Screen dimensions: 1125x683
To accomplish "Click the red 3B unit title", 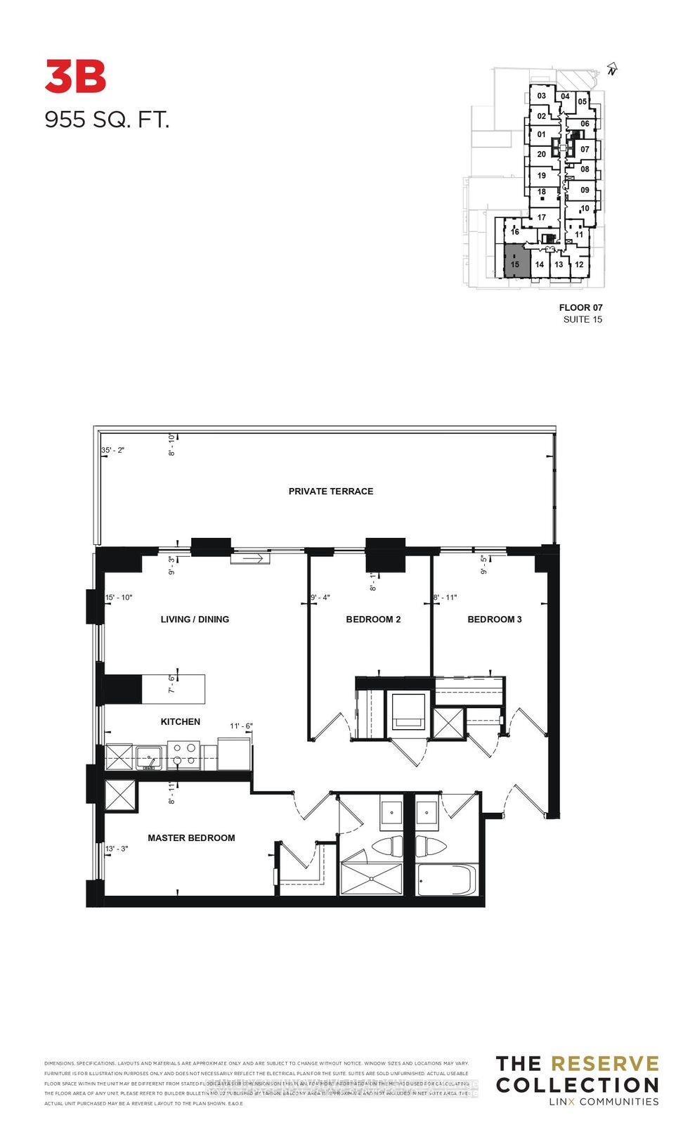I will tap(75, 77).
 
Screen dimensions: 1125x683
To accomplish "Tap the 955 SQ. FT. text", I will tap(107, 120).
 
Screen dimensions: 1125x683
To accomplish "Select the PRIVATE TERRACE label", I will tap(330, 491).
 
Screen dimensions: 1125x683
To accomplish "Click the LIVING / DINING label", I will tap(195, 619).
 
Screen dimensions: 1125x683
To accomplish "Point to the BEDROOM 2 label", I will tap(373, 619).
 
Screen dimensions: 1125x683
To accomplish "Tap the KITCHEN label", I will tap(181, 721).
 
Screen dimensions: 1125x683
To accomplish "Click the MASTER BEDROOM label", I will tap(191, 838).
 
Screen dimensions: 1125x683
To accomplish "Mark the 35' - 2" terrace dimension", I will tap(112, 450).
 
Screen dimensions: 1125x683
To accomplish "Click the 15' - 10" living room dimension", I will tap(118, 598).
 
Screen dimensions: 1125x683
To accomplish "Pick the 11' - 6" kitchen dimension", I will tap(241, 726).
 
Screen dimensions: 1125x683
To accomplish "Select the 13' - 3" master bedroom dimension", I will tap(117, 849).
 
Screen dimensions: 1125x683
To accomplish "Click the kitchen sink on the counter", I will tap(150, 757).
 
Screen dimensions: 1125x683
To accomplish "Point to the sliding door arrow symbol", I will tap(251, 559).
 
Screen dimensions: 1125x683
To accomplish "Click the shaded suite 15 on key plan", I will tap(515, 262).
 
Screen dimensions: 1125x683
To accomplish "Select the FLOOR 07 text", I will tap(580, 307).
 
